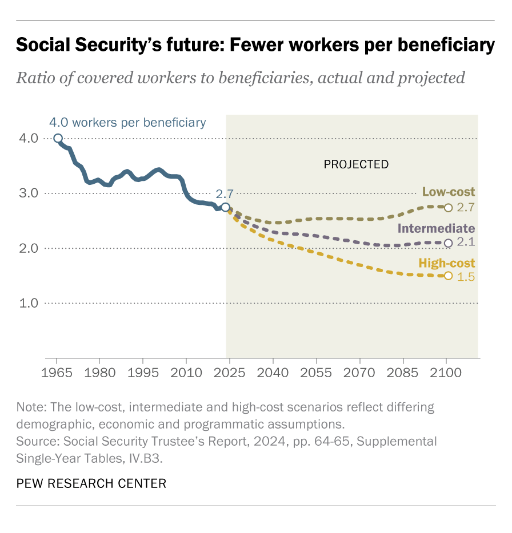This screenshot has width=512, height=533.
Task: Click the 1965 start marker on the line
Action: click(58, 138)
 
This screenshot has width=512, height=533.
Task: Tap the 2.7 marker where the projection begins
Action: click(226, 207)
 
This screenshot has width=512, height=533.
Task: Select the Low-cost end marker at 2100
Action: click(449, 208)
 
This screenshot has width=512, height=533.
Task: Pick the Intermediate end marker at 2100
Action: click(449, 243)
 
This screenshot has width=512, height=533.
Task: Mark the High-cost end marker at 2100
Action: click(449, 276)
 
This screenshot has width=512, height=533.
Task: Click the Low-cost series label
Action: click(449, 192)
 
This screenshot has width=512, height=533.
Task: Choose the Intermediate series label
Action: click(437, 229)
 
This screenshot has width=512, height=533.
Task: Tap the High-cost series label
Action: click(447, 263)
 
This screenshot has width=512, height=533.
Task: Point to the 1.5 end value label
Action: click(466, 277)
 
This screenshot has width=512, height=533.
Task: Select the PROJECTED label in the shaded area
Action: click(356, 164)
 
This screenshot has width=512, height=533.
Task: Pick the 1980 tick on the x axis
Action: click(99, 373)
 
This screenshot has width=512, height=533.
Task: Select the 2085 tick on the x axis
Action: click(403, 373)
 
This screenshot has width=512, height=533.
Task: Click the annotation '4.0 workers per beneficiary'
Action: click(127, 122)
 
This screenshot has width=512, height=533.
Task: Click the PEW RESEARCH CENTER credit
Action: click(91, 484)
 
